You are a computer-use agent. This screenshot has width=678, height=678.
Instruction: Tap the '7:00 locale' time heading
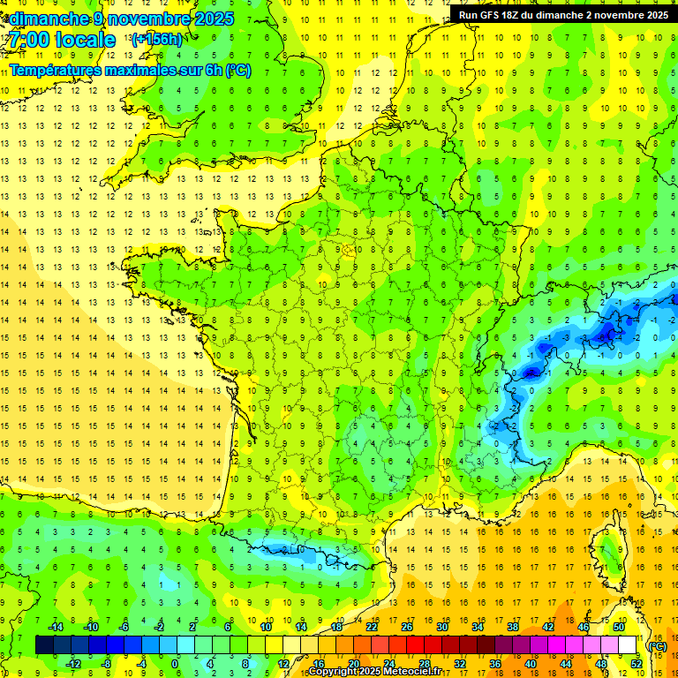click(60, 41)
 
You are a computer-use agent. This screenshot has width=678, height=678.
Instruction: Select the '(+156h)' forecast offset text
click(156, 40)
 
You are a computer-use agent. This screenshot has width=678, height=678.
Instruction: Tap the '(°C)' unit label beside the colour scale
click(657, 645)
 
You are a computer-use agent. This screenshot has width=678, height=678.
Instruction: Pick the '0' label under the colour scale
click(176, 664)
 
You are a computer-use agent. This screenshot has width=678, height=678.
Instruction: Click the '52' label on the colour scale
click(637, 664)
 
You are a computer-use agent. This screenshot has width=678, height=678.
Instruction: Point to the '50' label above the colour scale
click(619, 627)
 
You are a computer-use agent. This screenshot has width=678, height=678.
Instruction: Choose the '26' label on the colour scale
click(407, 627)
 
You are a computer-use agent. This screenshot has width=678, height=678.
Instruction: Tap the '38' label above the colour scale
click(513, 627)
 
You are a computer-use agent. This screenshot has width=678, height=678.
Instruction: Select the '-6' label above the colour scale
click(124, 627)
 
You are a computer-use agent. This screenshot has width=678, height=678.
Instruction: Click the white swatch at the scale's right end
click(628, 645)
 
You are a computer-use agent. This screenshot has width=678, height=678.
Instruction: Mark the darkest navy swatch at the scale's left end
click(44, 645)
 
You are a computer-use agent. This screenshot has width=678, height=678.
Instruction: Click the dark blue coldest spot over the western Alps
click(531, 372)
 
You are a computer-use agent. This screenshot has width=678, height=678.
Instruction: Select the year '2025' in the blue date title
click(214, 19)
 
